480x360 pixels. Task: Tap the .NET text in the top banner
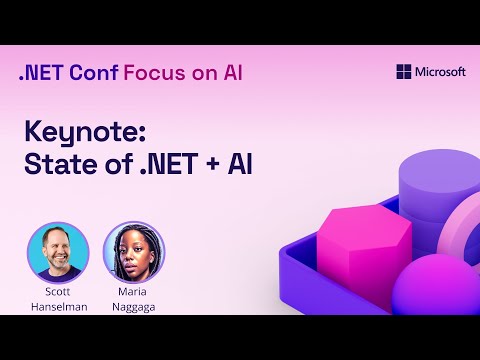(x=41, y=73)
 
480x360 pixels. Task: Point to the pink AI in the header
(x=229, y=73)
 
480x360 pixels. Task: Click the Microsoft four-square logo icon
(x=404, y=72)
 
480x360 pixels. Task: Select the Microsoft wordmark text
(x=441, y=72)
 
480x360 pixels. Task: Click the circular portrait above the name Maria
(x=133, y=251)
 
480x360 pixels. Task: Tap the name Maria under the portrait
(x=133, y=292)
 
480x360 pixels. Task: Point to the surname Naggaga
(x=133, y=306)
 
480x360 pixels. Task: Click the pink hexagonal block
(x=364, y=245)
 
